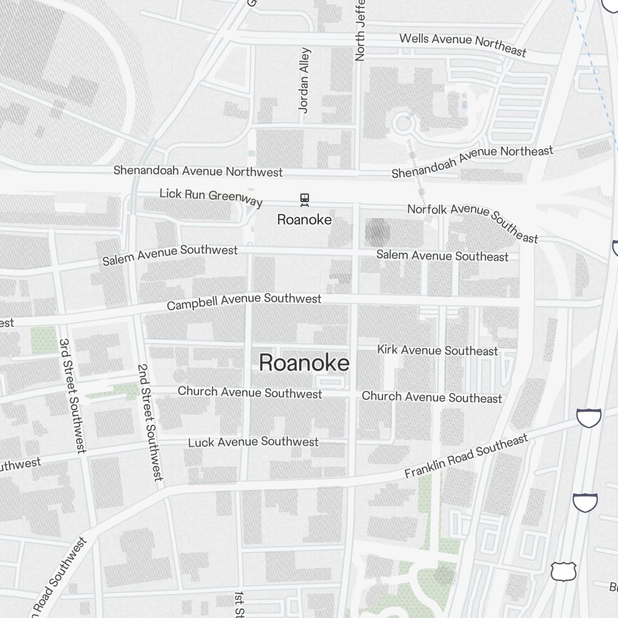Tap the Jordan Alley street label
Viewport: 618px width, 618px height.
pyautogui.click(x=304, y=80)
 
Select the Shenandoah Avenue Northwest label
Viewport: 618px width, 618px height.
pyautogui.click(x=198, y=171)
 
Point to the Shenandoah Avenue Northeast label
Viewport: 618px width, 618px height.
pyautogui.click(x=472, y=161)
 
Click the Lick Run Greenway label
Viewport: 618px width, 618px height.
pyautogui.click(x=211, y=197)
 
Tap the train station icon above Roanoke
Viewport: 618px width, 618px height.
pyautogui.click(x=304, y=200)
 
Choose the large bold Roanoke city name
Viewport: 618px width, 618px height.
pyautogui.click(x=304, y=363)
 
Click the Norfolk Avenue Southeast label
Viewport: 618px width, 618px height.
pyautogui.click(x=473, y=221)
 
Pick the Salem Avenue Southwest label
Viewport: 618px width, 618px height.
pyautogui.click(x=170, y=255)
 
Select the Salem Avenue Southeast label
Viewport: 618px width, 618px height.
pyautogui.click(x=442, y=255)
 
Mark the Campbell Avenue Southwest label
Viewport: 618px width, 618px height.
pyautogui.click(x=244, y=302)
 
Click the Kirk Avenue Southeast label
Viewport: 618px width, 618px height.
pyautogui.click(x=438, y=350)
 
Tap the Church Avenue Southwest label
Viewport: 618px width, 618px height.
pyautogui.click(x=250, y=392)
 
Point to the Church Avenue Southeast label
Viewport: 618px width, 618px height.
pyautogui.click(x=432, y=397)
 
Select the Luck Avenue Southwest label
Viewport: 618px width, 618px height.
pyautogui.click(x=253, y=441)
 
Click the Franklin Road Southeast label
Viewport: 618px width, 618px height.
pyautogui.click(x=467, y=455)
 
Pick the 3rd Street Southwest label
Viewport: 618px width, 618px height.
pyautogui.click(x=72, y=396)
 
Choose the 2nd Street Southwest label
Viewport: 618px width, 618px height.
pyautogui.click(x=150, y=423)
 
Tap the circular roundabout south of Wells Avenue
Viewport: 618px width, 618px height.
pyautogui.click(x=404, y=124)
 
